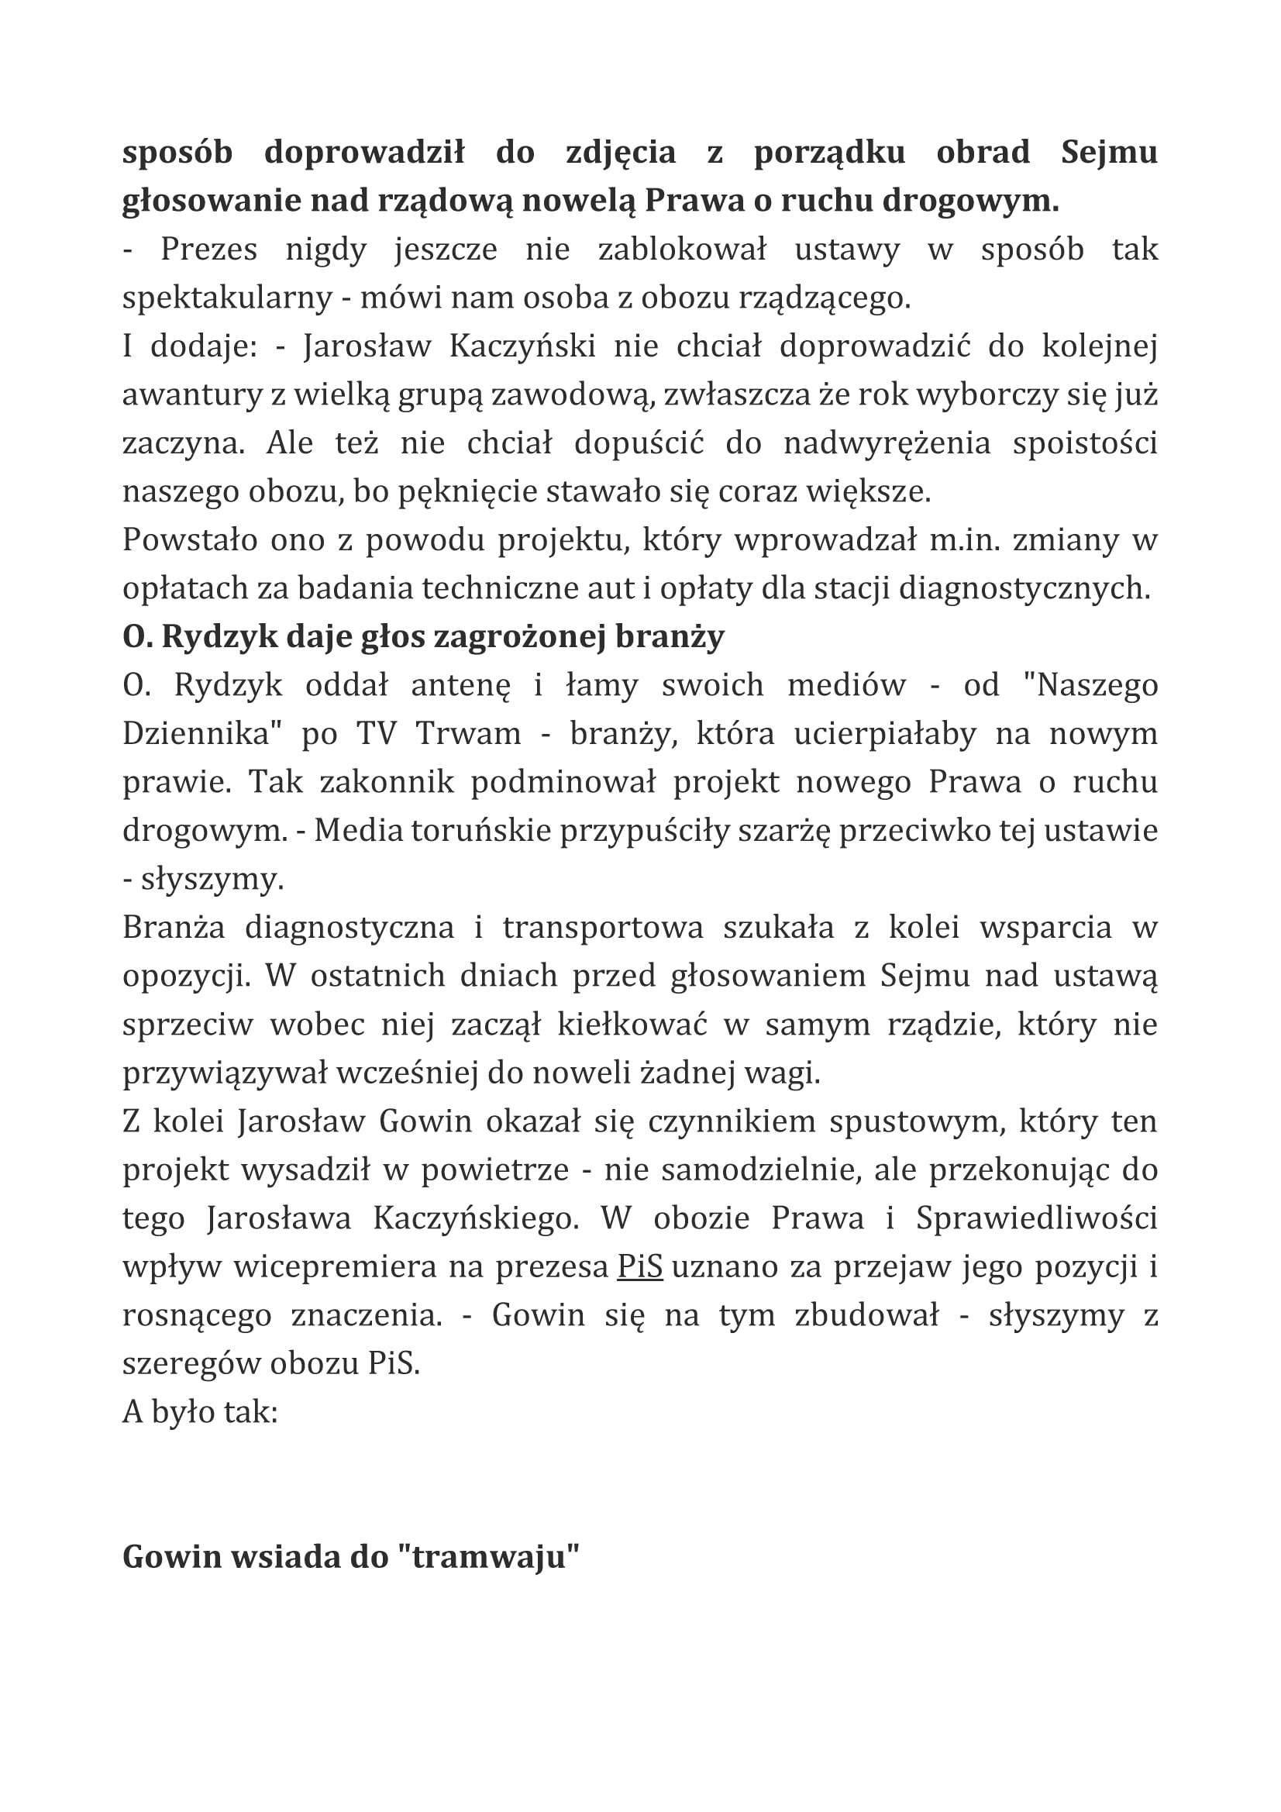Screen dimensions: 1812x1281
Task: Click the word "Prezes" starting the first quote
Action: (208, 250)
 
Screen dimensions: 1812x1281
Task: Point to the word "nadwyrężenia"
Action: (887, 443)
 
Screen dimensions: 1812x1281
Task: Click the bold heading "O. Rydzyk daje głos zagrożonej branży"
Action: (423, 636)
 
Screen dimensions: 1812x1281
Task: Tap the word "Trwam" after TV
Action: (469, 733)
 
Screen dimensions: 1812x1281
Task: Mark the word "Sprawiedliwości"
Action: (1036, 1218)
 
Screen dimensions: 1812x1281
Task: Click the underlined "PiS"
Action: (639, 1266)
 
